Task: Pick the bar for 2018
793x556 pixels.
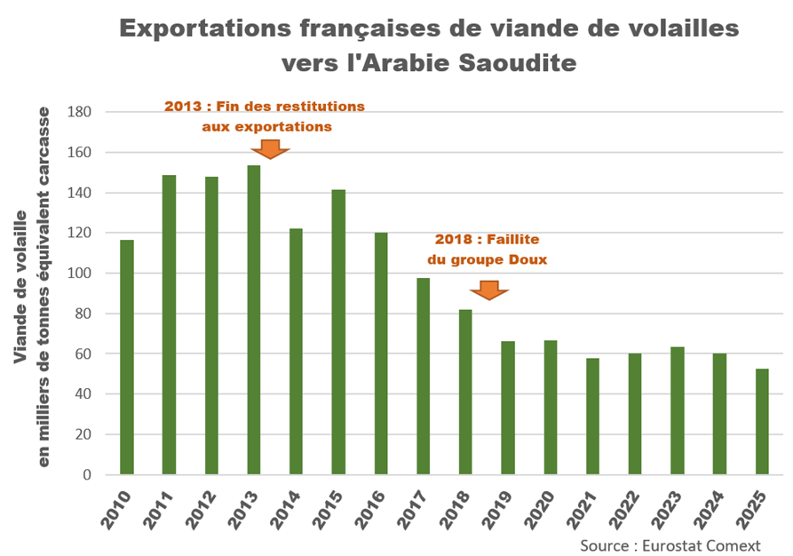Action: [465, 392]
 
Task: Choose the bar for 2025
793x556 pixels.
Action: [762, 421]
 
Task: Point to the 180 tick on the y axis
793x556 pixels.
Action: [82, 113]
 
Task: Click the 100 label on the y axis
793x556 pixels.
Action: [82, 274]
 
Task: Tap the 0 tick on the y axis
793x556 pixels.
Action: [87, 474]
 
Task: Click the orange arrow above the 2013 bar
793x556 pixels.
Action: [272, 148]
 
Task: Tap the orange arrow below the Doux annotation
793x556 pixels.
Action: [488, 290]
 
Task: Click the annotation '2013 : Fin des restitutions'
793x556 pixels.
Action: [265, 106]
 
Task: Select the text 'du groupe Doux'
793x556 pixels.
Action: [487, 259]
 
